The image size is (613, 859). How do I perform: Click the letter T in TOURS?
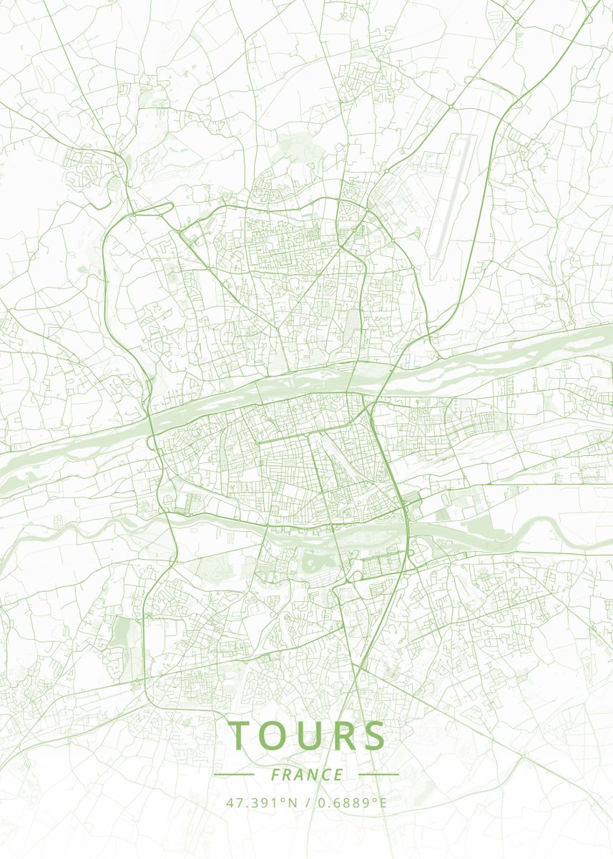(241, 737)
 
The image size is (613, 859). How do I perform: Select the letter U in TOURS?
(308, 737)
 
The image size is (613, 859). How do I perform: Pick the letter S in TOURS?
(373, 737)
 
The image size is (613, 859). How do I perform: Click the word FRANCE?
(307, 775)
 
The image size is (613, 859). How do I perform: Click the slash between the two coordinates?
(306, 803)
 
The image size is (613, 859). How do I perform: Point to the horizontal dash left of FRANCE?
(234, 775)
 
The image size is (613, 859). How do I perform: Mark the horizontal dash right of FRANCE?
(378, 775)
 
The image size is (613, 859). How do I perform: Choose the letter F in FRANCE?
(276, 775)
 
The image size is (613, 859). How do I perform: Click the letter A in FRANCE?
(300, 775)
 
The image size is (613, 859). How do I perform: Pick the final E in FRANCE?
(338, 775)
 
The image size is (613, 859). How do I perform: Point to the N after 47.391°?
(293, 803)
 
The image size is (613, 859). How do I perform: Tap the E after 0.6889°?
(383, 803)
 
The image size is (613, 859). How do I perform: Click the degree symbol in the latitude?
(284, 800)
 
